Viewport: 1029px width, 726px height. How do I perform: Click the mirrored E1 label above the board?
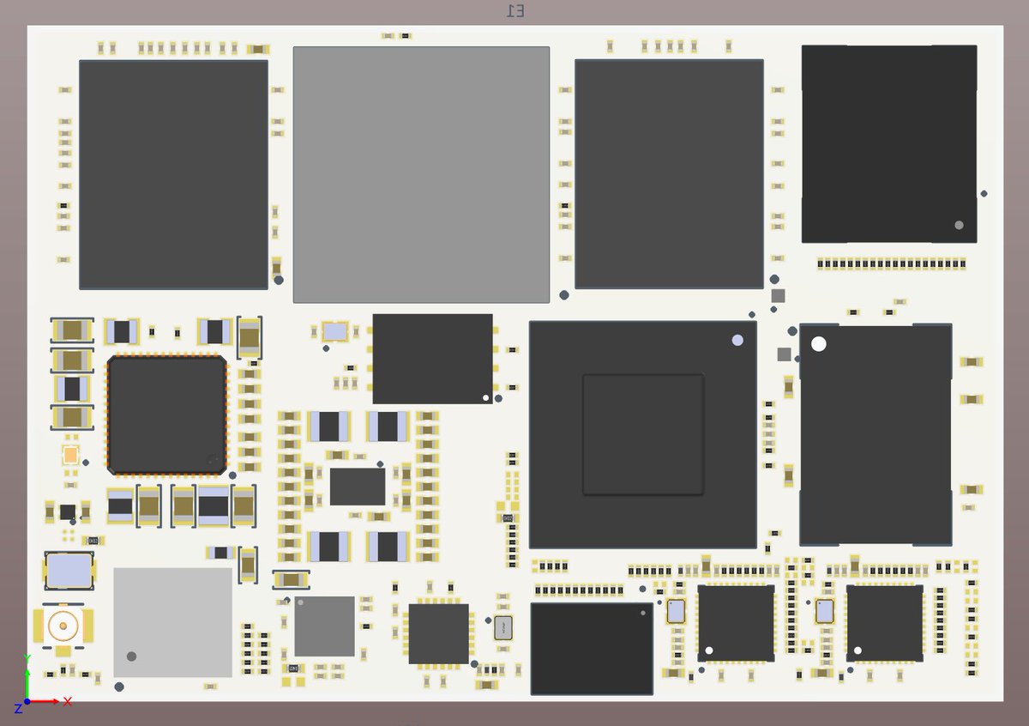coord(515,10)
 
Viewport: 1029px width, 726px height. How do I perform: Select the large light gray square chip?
coord(421,174)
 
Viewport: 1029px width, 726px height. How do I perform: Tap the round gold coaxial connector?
coord(63,625)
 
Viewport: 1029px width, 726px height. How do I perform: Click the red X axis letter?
coord(68,701)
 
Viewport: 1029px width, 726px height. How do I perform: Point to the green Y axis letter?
coord(27,659)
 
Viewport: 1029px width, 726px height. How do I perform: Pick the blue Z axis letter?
coord(18,708)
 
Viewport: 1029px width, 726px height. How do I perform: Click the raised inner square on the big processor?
coord(643,434)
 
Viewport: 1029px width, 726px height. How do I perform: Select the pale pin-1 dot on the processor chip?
coord(737,340)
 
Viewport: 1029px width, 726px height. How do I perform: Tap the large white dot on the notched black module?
coord(819,344)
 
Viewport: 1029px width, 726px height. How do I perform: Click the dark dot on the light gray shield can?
coord(131,656)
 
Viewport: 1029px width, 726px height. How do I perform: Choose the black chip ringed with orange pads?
coord(167,414)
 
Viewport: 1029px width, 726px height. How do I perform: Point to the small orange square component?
coord(70,455)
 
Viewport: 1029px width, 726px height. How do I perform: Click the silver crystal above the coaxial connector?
coord(69,571)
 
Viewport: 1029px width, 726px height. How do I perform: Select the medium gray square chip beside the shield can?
coord(324,626)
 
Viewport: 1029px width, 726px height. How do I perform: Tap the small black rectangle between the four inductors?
coord(358,487)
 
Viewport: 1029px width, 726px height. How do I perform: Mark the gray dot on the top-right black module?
coord(959,225)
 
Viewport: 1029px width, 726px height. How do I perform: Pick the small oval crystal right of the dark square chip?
coord(503,627)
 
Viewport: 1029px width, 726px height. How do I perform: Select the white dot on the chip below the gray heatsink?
coord(486,397)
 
